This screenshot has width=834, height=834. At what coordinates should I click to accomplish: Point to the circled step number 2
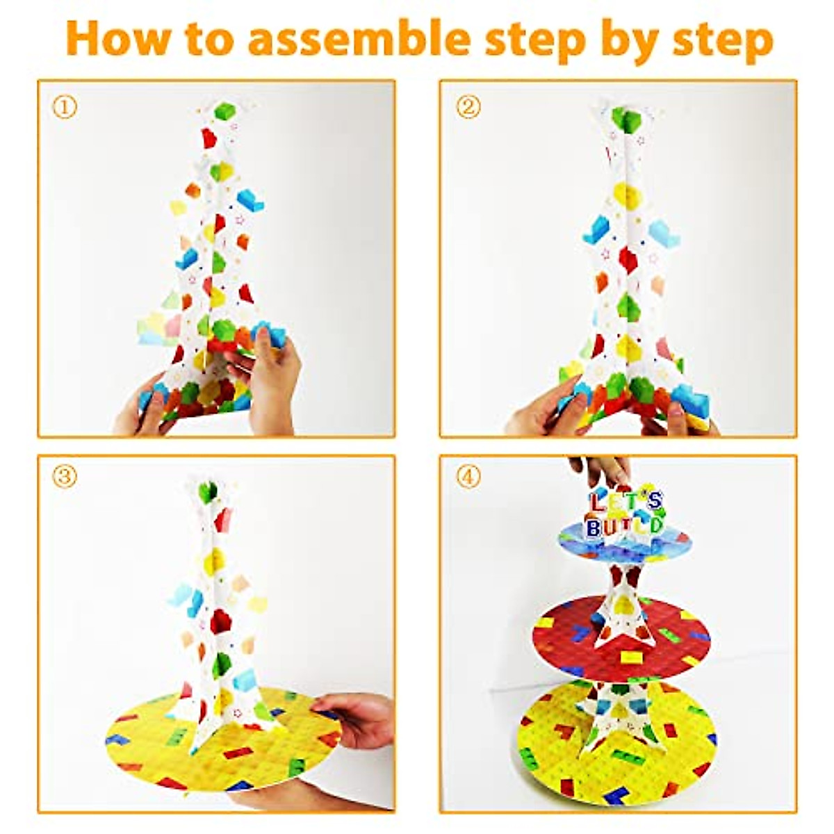pyautogui.click(x=468, y=107)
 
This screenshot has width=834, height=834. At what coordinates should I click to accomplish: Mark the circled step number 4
pyautogui.click(x=468, y=477)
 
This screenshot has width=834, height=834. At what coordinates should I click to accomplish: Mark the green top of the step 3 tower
pyautogui.click(x=207, y=491)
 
